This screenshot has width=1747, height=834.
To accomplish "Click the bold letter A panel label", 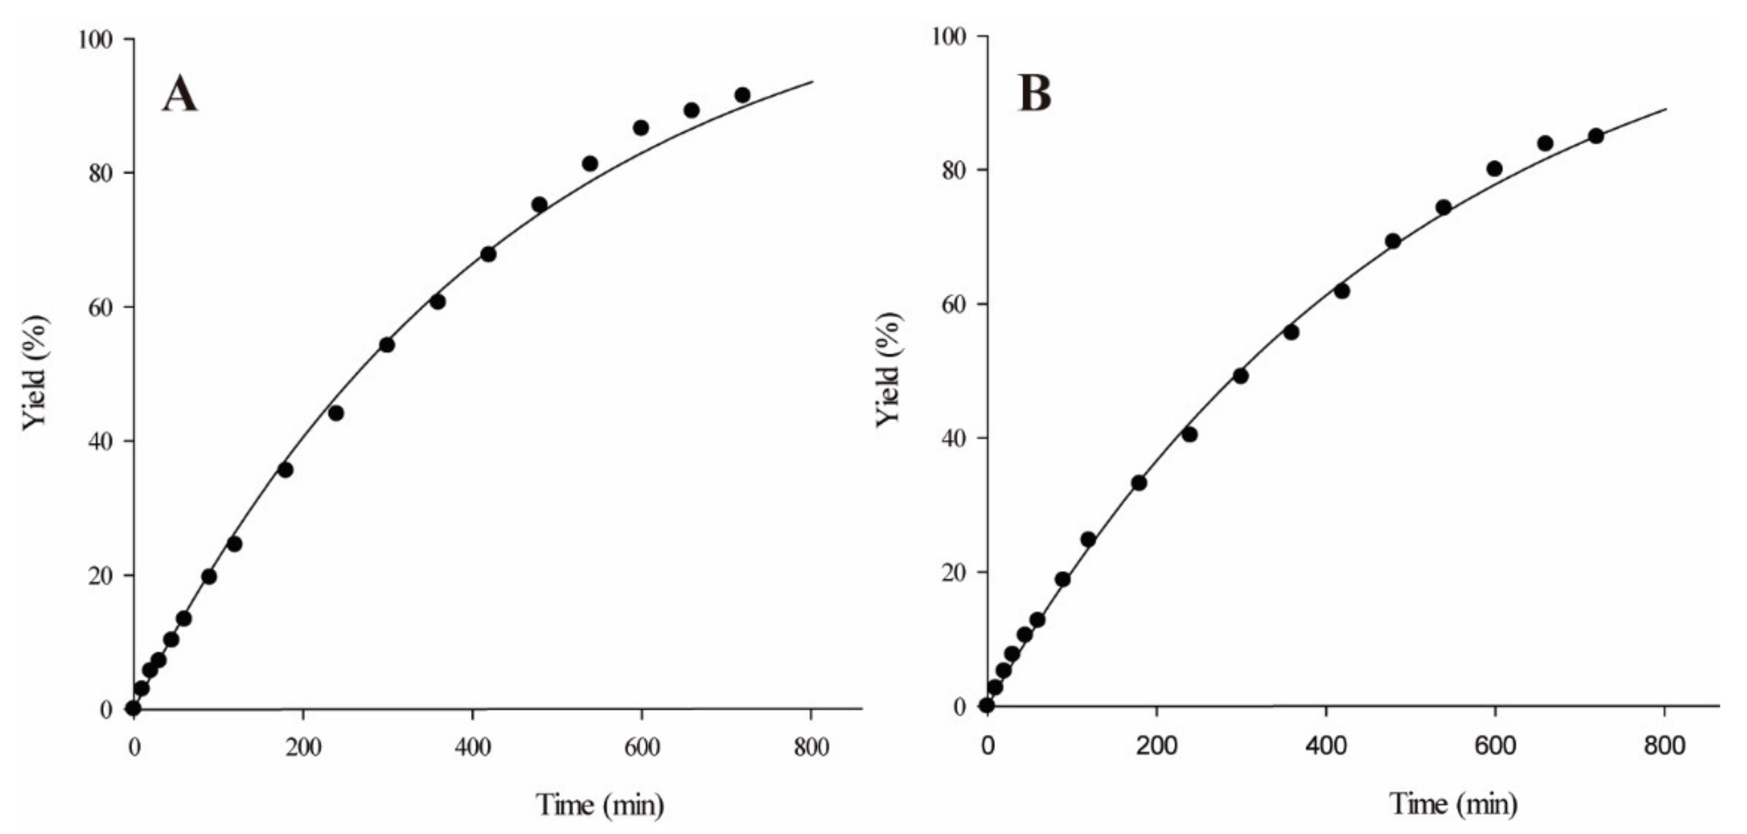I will (180, 94).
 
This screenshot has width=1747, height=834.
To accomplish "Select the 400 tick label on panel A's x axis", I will (473, 748).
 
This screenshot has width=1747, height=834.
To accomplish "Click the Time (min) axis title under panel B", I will (1453, 804).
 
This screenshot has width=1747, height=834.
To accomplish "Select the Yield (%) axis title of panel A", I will (36, 373).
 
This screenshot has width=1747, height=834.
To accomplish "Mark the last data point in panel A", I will (742, 95).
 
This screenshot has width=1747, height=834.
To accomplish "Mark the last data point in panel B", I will (1596, 135).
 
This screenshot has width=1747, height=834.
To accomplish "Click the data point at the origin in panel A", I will (134, 708).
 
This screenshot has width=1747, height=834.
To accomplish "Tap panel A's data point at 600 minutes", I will (641, 127).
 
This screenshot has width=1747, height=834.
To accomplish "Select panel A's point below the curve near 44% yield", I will (336, 413).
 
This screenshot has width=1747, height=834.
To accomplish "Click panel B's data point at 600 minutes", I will (1495, 168).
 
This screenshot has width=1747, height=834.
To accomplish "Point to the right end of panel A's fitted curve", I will (812, 82).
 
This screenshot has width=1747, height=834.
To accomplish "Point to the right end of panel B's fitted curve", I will (1666, 109).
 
